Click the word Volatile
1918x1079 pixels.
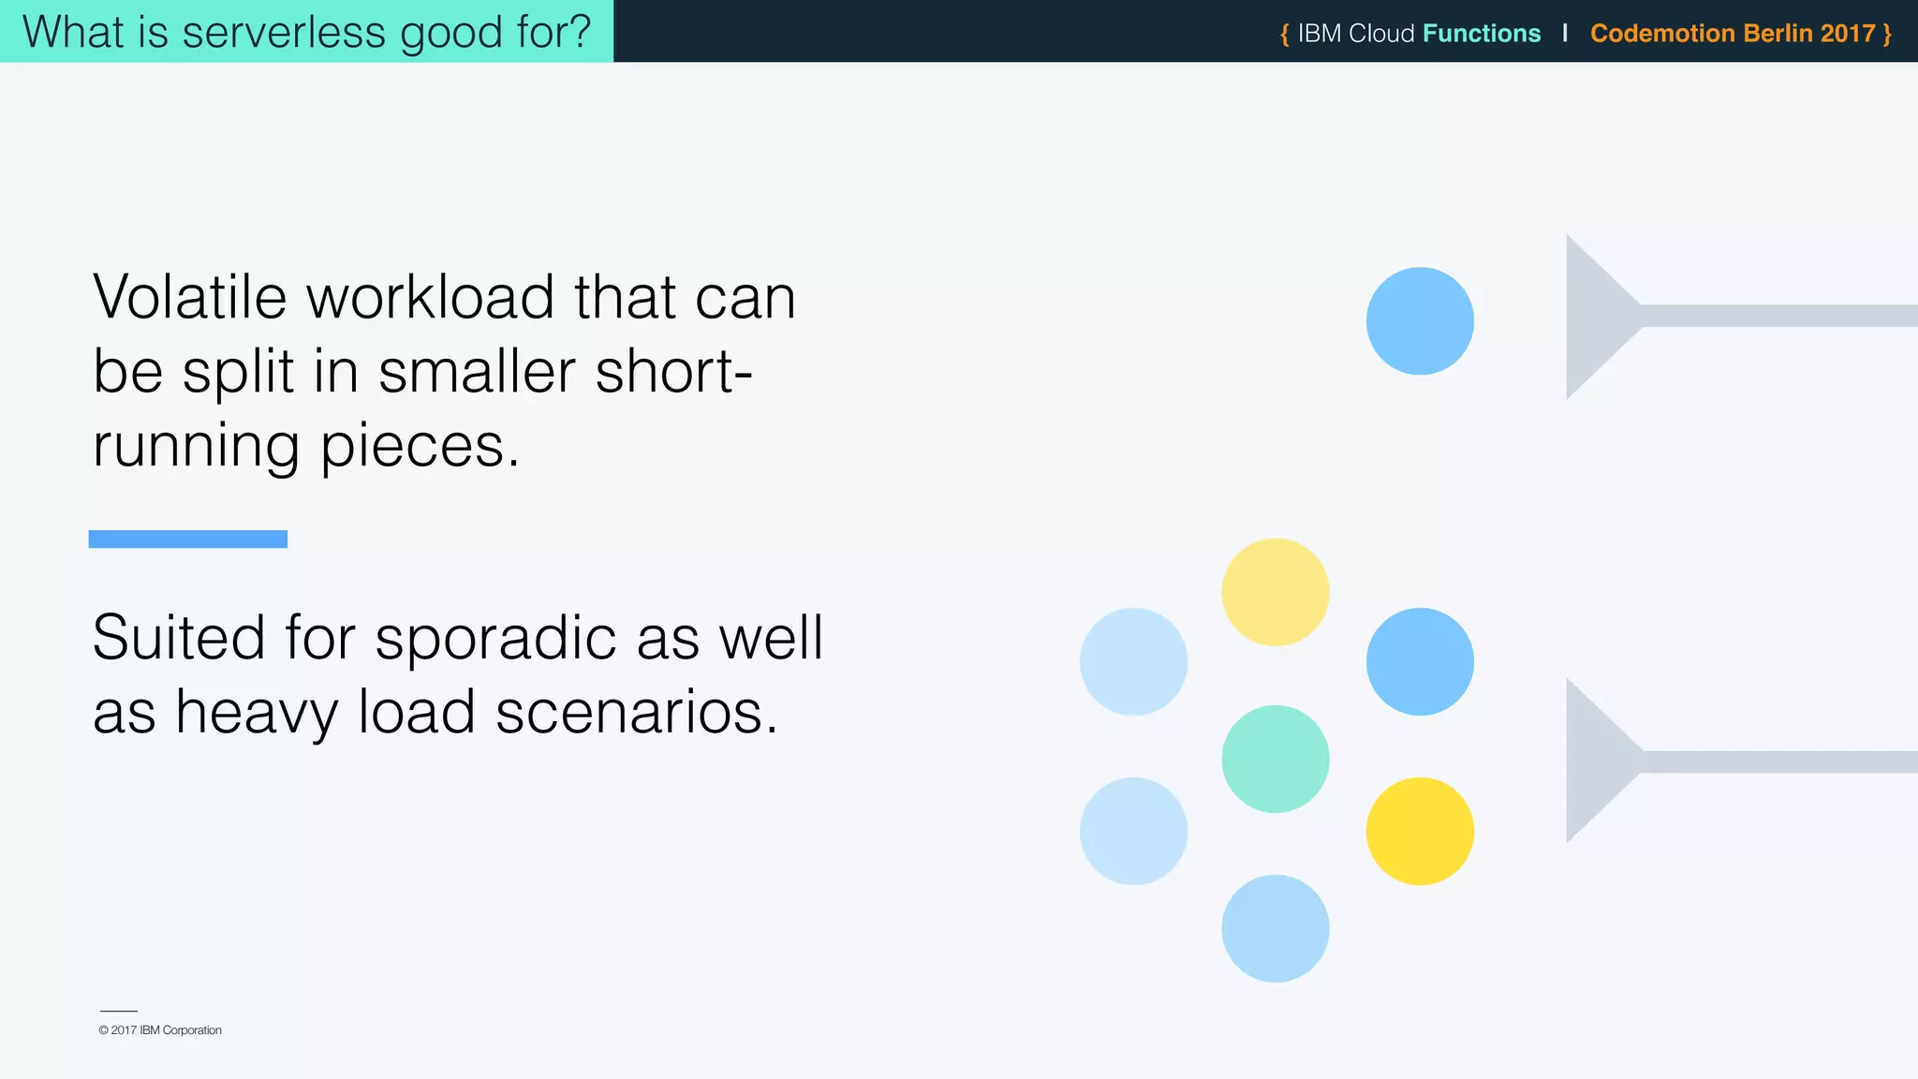[190, 298]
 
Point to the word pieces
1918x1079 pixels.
[420, 447]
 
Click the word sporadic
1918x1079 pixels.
[495, 639]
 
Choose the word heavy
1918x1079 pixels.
[257, 713]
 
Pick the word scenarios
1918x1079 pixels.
[637, 713]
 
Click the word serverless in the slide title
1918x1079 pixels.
[284, 32]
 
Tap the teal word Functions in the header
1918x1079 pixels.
[1482, 34]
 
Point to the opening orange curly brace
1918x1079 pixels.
[1285, 35]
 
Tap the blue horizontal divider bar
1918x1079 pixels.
[188, 539]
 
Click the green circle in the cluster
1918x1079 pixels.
[1276, 759]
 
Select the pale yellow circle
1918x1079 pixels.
[1276, 592]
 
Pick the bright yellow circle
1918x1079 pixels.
[1420, 831]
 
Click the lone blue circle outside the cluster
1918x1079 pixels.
[1420, 321]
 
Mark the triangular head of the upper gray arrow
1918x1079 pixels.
[1597, 317]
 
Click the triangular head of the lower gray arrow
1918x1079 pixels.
[1597, 761]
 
